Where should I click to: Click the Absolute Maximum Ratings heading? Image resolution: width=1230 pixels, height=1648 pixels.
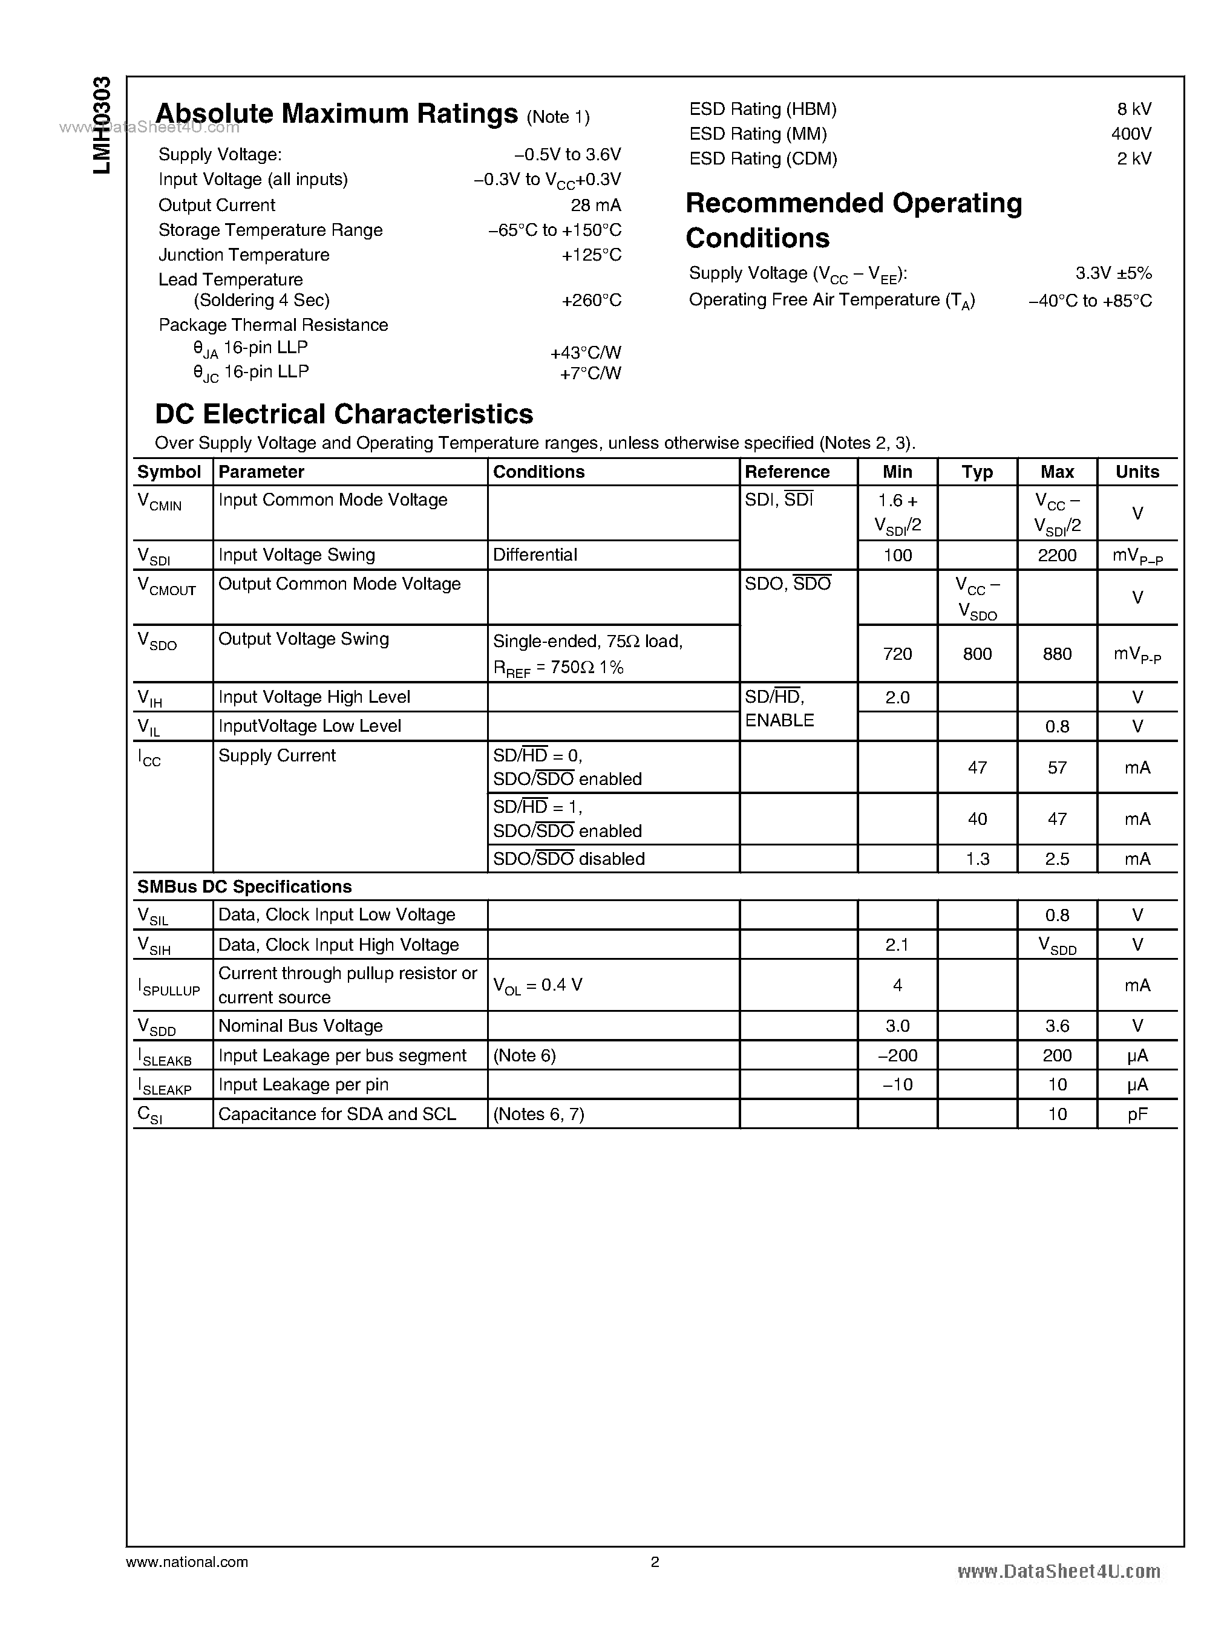[x=336, y=114]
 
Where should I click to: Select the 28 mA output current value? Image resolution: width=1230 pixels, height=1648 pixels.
[x=596, y=204]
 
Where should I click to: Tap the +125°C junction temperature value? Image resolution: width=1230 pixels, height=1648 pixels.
[x=591, y=255]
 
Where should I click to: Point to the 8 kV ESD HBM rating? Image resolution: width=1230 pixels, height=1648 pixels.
[x=1133, y=109]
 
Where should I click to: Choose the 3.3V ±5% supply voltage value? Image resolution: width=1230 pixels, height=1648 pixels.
[x=1113, y=273]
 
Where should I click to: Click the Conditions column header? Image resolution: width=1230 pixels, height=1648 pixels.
[x=538, y=472]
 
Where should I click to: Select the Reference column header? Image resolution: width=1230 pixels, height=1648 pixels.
[x=787, y=472]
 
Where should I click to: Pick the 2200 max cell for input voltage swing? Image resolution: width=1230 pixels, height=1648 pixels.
[x=1056, y=555]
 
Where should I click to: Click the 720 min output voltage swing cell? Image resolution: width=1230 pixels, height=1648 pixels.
[x=897, y=654]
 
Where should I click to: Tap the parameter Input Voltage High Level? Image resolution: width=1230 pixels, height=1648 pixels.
[x=313, y=697]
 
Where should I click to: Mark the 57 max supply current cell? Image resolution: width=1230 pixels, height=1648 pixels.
[x=1056, y=767]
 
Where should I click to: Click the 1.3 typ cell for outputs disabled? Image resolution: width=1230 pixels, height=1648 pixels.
[x=977, y=859]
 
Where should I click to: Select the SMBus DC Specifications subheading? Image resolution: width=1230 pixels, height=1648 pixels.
[x=244, y=887]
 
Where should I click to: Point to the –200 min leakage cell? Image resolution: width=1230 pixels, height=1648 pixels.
[x=897, y=1055]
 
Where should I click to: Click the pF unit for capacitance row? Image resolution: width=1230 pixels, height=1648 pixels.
[x=1137, y=1115]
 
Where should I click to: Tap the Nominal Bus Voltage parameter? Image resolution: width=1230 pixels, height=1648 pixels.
[x=300, y=1026]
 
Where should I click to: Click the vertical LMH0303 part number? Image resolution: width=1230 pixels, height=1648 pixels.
[x=102, y=125]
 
